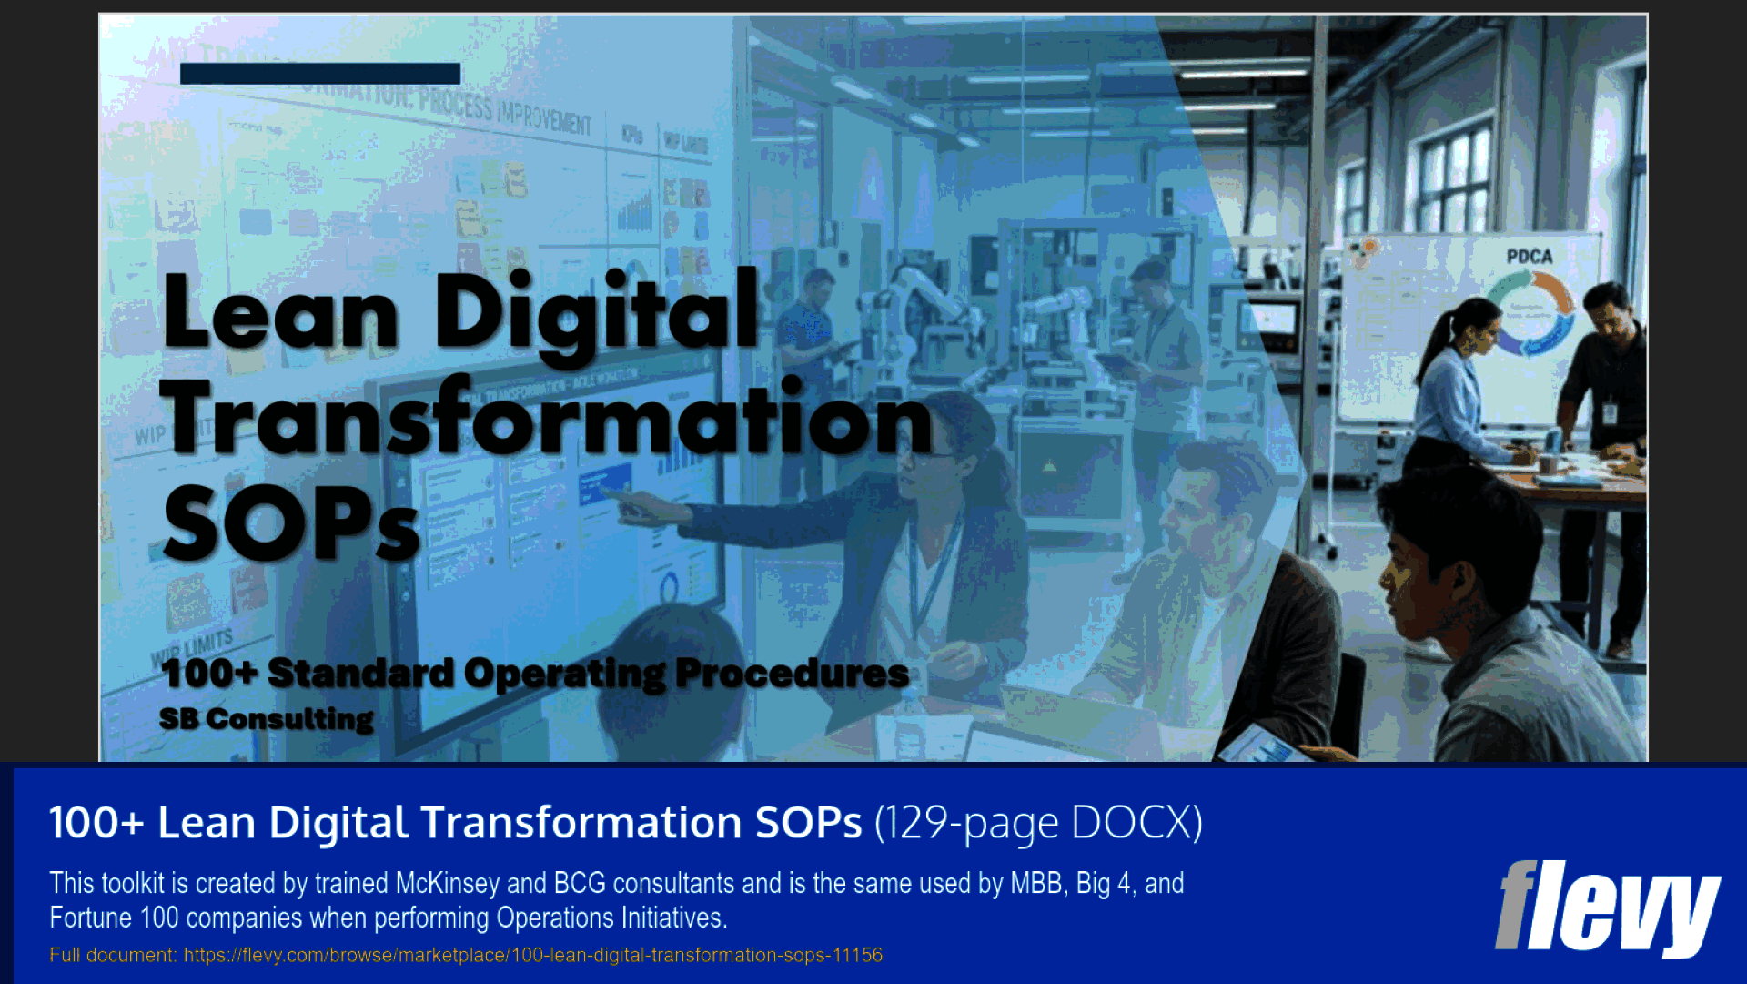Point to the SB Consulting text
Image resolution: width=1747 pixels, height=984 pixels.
(266, 719)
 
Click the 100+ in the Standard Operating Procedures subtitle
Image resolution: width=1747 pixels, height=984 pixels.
(209, 674)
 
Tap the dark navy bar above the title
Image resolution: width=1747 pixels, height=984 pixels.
(319, 74)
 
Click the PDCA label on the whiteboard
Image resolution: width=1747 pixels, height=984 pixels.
(1529, 257)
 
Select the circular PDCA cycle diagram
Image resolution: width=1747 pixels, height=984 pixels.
(1530, 314)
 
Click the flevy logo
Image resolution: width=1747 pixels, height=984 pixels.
(1606, 906)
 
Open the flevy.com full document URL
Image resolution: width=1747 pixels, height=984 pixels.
(532, 955)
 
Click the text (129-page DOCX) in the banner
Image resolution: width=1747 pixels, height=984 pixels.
(1038, 823)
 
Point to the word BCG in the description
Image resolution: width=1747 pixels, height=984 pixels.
(580, 883)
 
